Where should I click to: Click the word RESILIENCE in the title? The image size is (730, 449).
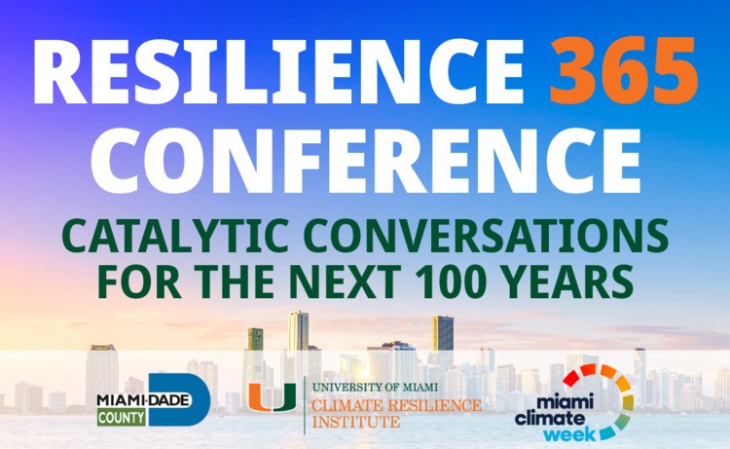click(279, 71)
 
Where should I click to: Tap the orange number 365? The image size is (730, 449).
click(624, 70)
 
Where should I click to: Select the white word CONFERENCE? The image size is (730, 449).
click(366, 160)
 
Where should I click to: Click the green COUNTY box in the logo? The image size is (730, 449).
click(121, 417)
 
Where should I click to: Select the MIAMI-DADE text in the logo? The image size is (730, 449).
click(144, 400)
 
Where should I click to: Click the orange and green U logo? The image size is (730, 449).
click(273, 397)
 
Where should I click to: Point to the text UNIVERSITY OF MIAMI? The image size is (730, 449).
click(375, 387)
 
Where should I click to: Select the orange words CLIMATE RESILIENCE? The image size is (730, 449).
click(397, 405)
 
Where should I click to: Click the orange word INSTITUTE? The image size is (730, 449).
click(355, 422)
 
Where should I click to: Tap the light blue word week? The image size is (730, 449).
click(569, 435)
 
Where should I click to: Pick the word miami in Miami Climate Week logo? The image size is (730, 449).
click(566, 402)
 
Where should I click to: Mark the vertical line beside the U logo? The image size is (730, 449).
click(305, 405)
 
